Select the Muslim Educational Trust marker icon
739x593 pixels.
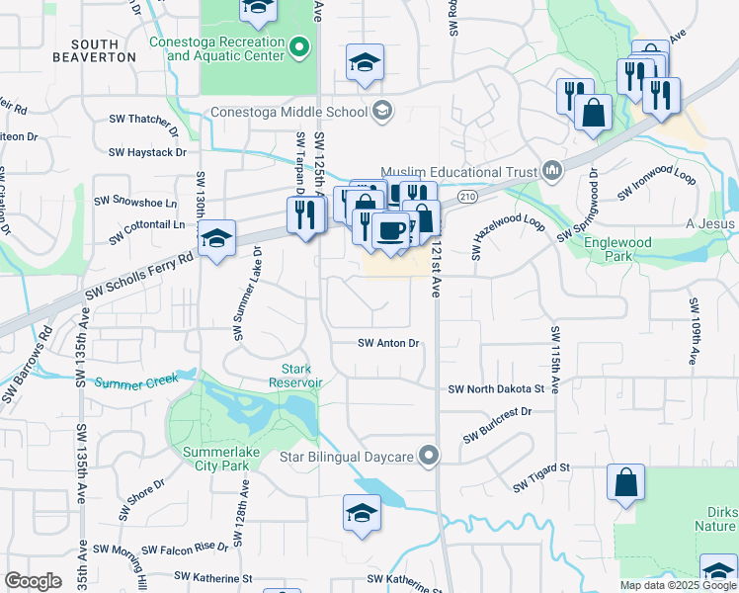tap(551, 170)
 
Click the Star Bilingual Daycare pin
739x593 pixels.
tap(428, 456)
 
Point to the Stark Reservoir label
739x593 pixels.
tap(296, 376)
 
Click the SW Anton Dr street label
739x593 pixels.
tap(388, 343)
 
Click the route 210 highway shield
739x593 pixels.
tap(467, 198)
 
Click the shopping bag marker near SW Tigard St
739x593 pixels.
tap(626, 483)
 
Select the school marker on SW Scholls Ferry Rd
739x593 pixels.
tap(216, 239)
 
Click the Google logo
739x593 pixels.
tap(33, 581)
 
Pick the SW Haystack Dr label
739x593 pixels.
tap(147, 152)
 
